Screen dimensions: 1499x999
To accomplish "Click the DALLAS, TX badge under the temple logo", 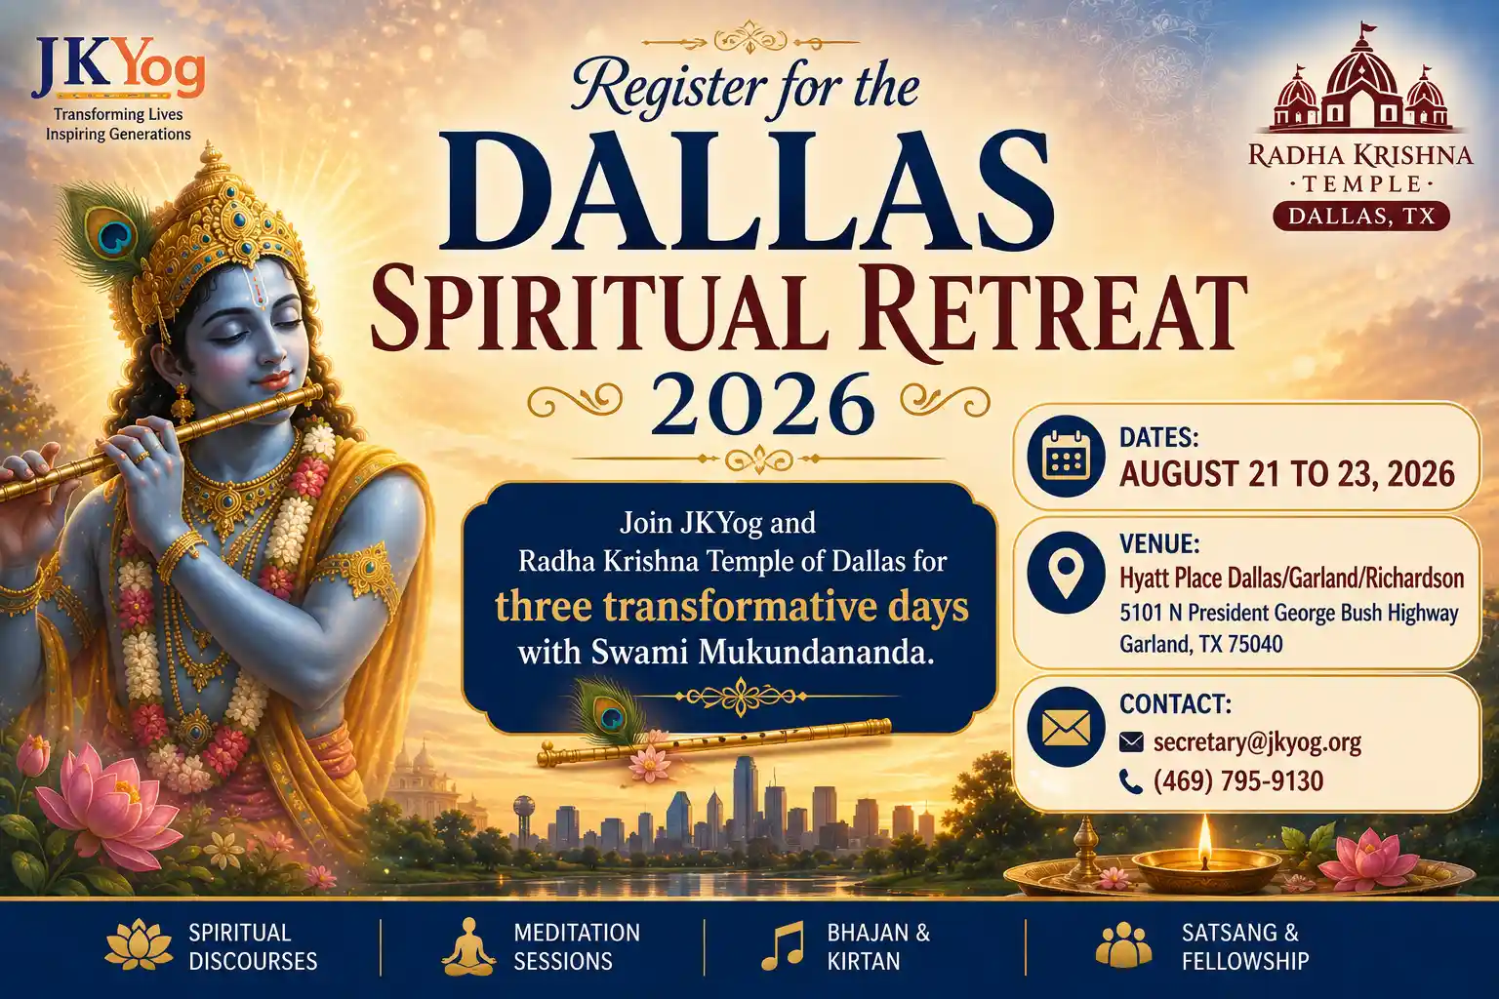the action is pos(1360,217).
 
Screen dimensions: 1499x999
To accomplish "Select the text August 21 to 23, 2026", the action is pos(1287,474).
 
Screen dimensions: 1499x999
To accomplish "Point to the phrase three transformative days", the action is pos(731,608).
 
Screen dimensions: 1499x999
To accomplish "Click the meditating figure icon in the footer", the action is pos(468,947).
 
